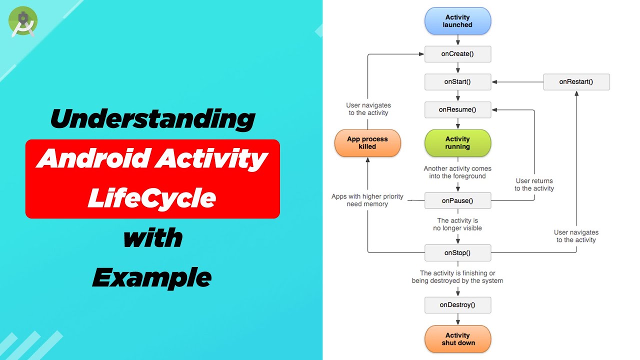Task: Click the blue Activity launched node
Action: [457, 21]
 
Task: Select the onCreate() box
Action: [457, 54]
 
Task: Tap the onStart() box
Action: [457, 82]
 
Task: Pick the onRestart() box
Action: [576, 82]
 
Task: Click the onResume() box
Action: [457, 110]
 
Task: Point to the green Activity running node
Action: [457, 143]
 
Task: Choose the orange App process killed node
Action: [367, 143]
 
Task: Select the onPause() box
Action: [457, 201]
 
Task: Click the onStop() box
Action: [457, 253]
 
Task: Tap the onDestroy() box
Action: [457, 305]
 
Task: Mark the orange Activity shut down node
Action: [457, 339]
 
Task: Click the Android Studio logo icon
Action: [23, 21]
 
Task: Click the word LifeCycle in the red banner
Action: [152, 198]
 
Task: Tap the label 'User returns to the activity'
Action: [534, 184]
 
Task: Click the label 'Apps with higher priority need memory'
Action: [367, 200]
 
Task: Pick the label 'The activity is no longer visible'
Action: [457, 224]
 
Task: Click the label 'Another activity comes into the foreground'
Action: [457, 172]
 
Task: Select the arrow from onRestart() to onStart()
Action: [517, 82]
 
